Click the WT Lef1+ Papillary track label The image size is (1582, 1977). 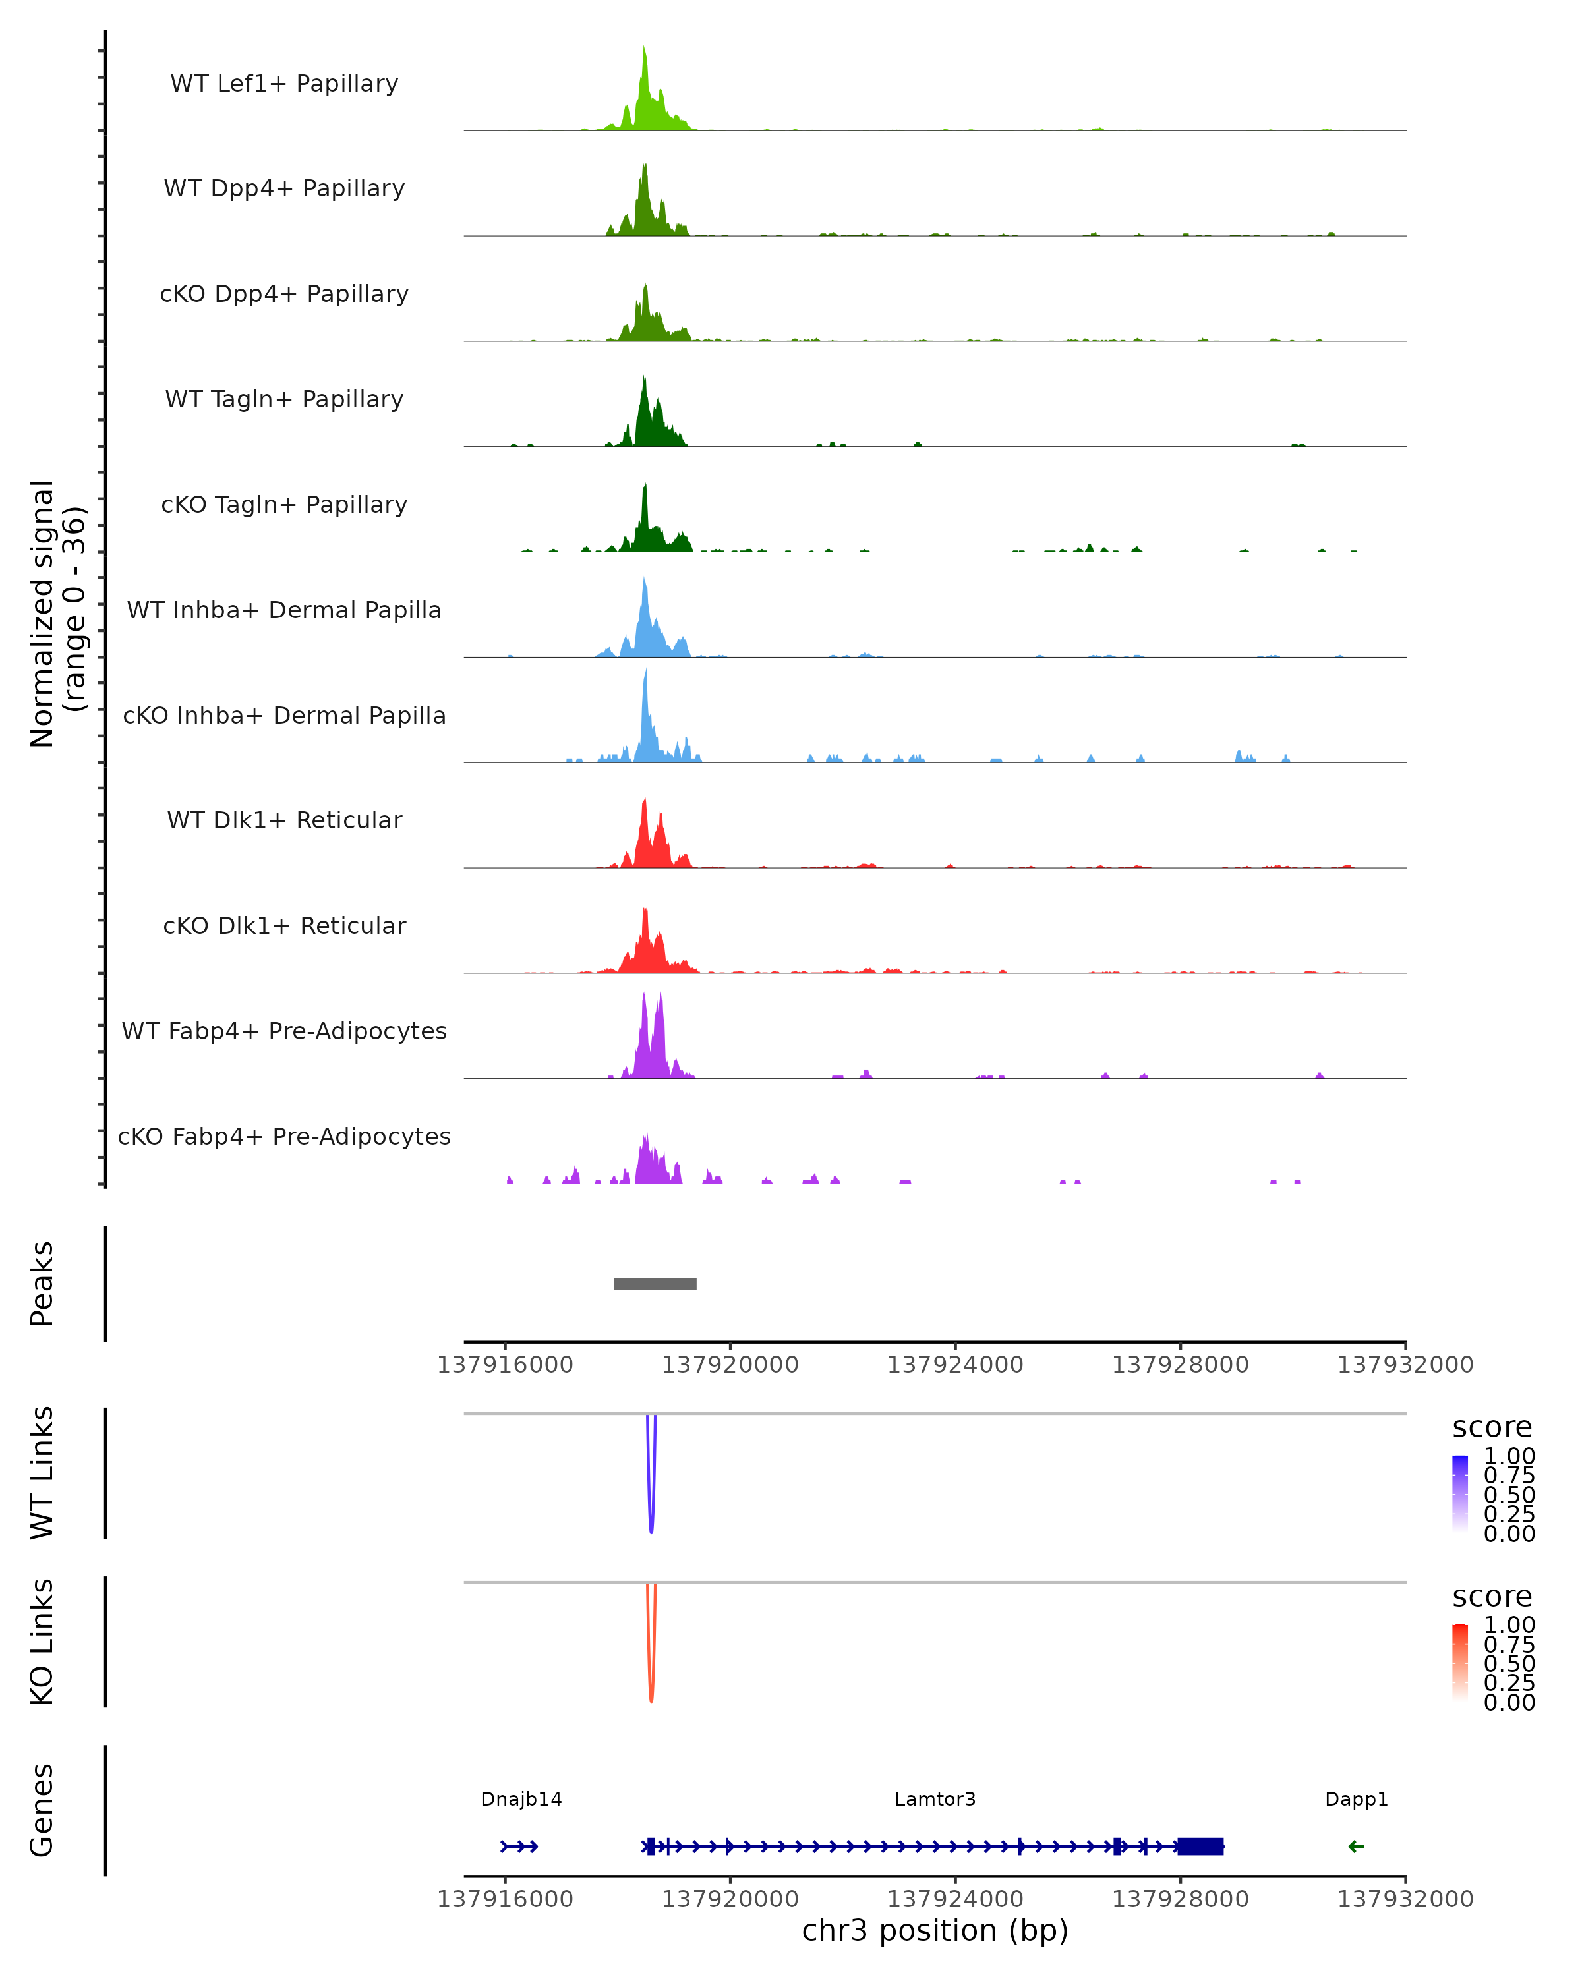284,84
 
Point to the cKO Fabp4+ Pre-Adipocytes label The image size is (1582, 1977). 284,1136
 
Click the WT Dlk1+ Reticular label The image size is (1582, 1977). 284,820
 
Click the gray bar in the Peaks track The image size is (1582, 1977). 655,1284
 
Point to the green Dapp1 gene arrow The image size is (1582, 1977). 1357,1846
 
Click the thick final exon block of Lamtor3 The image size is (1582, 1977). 1200,1846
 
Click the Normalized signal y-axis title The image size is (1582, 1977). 57,614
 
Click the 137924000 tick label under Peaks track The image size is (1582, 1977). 954,1365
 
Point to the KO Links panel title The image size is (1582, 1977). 42,1642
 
